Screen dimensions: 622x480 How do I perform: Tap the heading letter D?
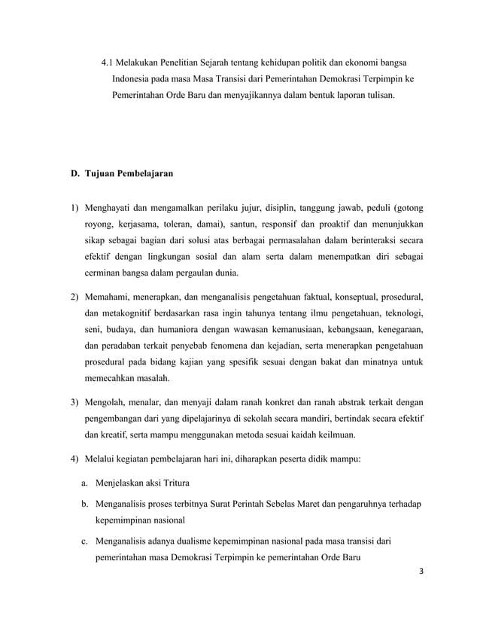[74, 174]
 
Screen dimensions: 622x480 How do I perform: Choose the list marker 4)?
[74, 459]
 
